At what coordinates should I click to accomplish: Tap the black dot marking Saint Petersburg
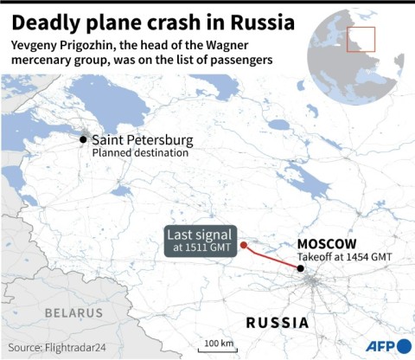tap(83, 139)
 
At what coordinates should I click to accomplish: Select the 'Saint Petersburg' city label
tap(143, 139)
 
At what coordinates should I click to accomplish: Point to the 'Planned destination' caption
tap(139, 153)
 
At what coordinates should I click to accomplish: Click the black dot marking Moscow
tap(300, 269)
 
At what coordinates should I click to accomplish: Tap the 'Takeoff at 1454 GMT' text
tap(344, 257)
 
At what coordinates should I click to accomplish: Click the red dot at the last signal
tap(244, 244)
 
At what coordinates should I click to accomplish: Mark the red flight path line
tap(271, 257)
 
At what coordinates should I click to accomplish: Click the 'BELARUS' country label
tap(74, 311)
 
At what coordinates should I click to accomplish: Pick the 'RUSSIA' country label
tap(278, 323)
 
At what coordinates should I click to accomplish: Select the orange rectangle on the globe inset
tap(361, 40)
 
